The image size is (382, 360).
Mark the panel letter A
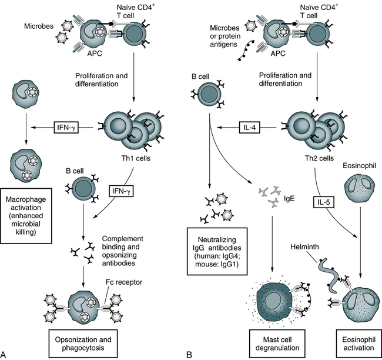coord(5,354)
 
